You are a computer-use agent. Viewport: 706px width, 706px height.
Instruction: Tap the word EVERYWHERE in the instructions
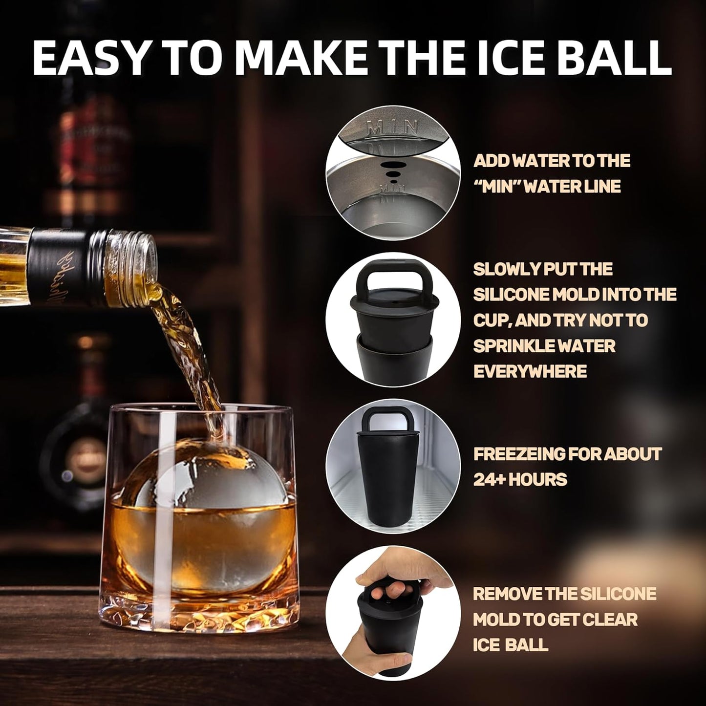(530, 371)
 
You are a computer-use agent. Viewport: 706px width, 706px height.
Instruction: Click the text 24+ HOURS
(520, 479)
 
